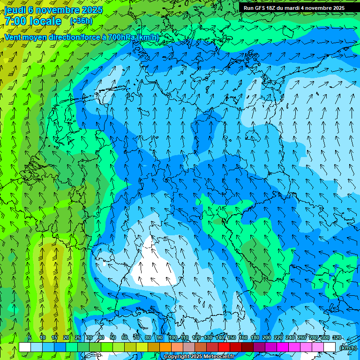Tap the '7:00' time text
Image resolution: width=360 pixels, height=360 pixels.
(16, 21)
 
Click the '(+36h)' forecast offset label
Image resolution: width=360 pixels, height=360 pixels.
(81, 21)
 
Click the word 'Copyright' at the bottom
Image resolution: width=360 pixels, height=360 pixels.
(177, 357)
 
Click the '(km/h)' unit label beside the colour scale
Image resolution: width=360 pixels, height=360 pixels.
(348, 348)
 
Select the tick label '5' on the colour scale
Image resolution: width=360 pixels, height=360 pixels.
(30, 337)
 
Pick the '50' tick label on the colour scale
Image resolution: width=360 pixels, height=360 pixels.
(113, 337)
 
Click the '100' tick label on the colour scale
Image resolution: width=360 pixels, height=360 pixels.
(173, 337)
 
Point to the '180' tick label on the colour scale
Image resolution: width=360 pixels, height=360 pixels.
(255, 337)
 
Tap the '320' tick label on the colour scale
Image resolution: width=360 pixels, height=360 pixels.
(337, 337)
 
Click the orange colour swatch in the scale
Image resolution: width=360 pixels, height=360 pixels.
(165, 347)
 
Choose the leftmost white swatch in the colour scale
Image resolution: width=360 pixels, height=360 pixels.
(25, 347)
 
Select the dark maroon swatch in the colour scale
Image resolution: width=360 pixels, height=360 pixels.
(247, 347)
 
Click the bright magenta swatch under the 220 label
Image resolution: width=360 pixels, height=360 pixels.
(282, 347)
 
